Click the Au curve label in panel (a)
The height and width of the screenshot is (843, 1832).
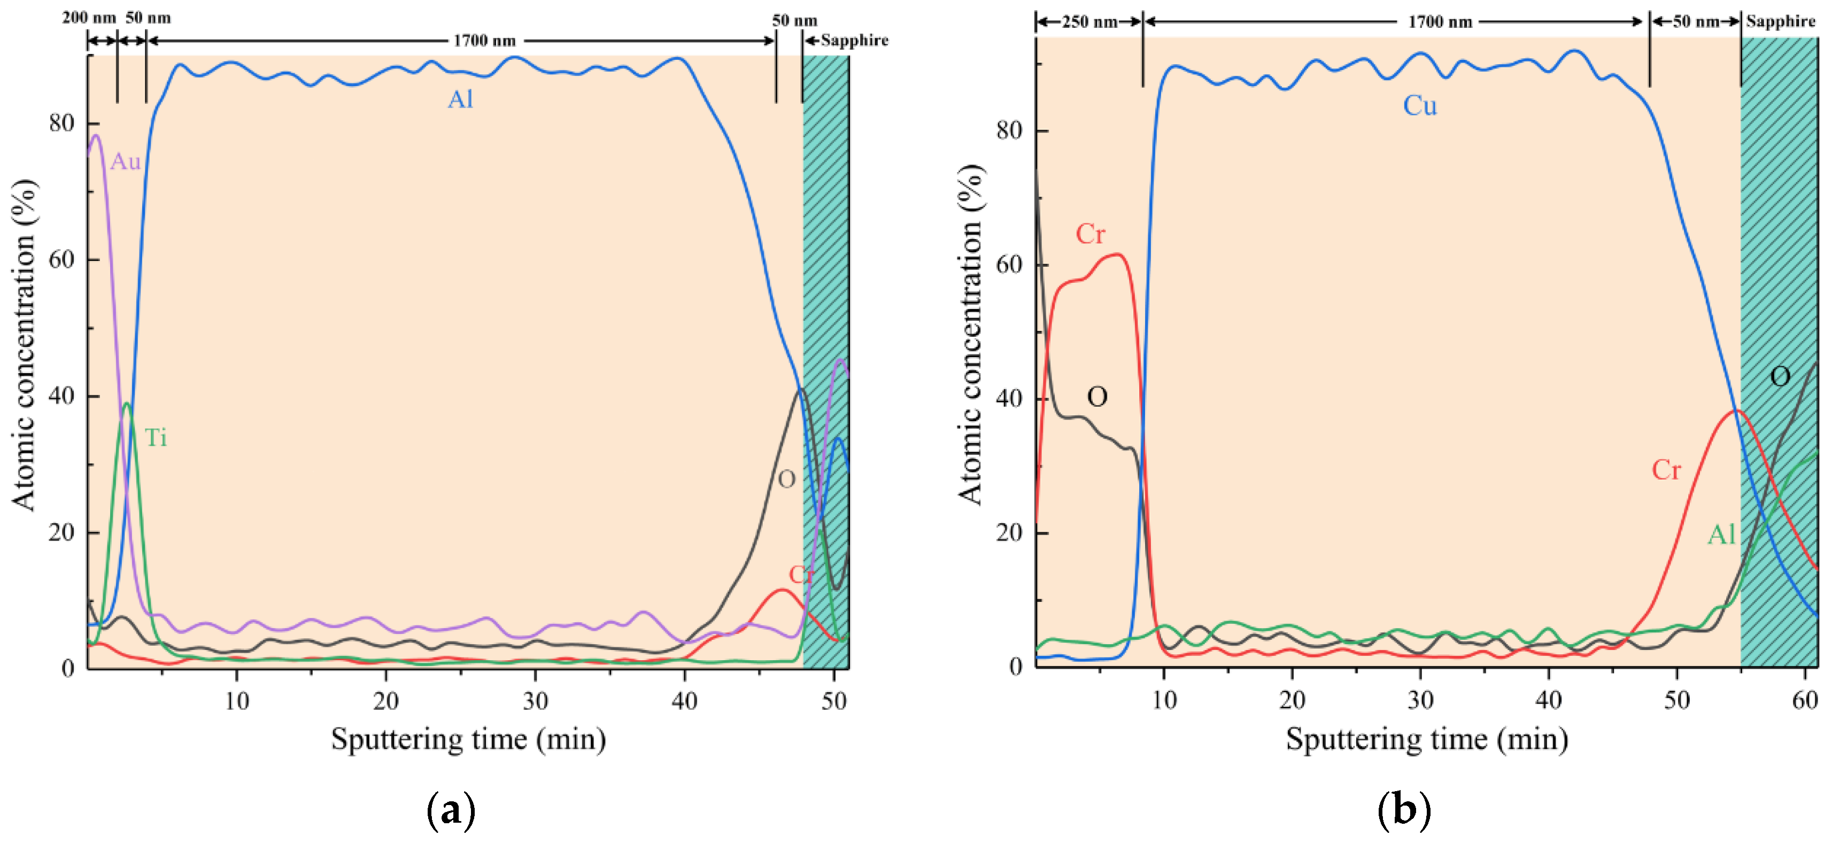click(125, 161)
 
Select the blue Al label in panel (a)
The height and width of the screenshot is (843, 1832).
click(460, 99)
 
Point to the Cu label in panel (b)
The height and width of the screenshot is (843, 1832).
click(1419, 106)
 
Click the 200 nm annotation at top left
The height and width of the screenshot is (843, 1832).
click(89, 18)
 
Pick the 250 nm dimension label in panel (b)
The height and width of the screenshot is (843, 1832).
click(1089, 21)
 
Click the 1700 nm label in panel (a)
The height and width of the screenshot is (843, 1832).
click(484, 41)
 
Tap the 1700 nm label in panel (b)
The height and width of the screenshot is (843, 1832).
click(1440, 21)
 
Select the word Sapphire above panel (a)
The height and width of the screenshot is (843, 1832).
click(854, 41)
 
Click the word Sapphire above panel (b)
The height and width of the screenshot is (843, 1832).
click(1781, 21)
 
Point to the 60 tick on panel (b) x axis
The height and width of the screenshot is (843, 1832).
click(1805, 701)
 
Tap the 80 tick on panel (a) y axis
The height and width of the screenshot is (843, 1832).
click(62, 123)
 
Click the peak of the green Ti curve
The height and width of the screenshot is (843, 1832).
click(127, 404)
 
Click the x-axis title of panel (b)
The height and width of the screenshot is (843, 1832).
click(1427, 739)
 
